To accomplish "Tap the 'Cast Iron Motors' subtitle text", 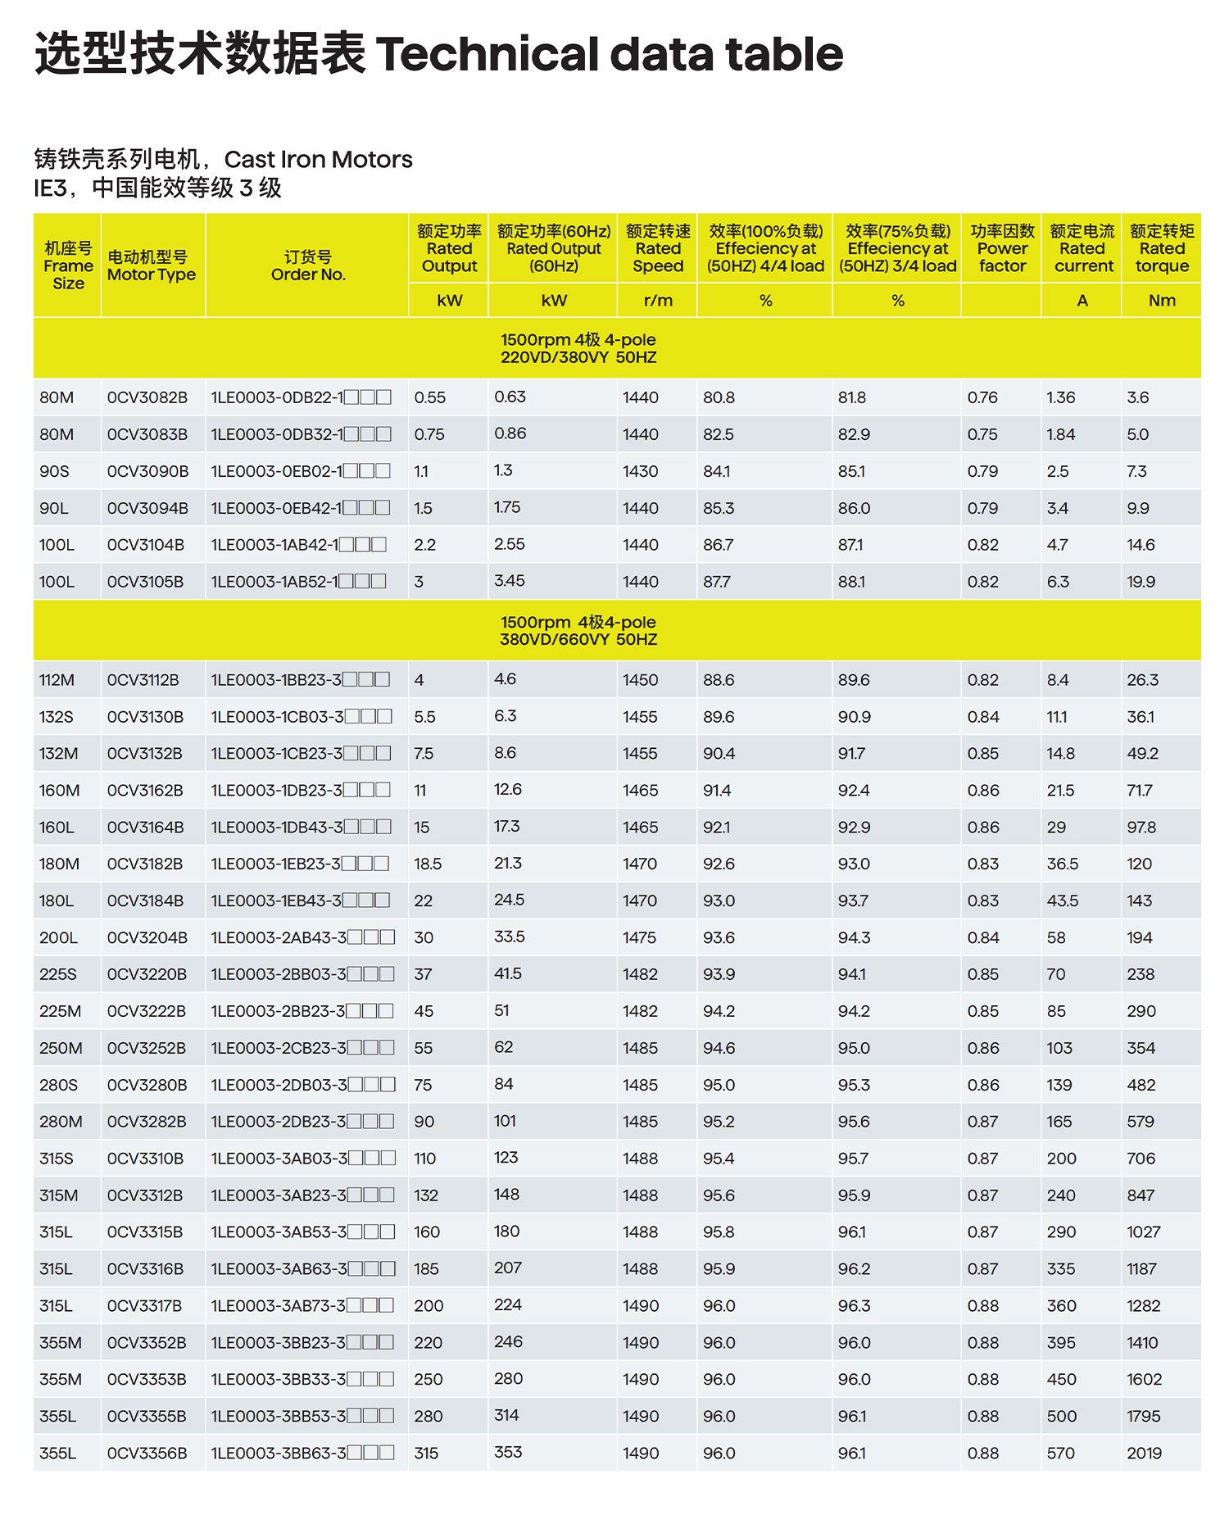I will tap(318, 159).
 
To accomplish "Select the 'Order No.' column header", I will tap(308, 265).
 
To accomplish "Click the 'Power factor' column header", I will tap(1001, 249).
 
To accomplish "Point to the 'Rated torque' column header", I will tap(1162, 249).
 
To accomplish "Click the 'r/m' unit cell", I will tap(658, 301).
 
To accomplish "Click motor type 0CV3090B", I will tap(147, 471).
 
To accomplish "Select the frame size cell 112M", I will tap(57, 680).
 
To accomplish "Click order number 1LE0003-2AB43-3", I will tap(279, 937).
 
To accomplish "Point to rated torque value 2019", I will tap(1144, 1453).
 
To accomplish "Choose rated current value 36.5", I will tap(1062, 864).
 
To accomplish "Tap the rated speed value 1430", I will tap(640, 471).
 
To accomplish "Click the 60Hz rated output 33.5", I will tap(509, 937).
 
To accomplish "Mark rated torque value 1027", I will tap(1143, 1232).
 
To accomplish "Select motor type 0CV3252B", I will tap(147, 1048).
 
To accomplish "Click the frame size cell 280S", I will tap(58, 1085).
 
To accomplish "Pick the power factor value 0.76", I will tap(982, 397).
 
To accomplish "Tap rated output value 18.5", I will tap(428, 864).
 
